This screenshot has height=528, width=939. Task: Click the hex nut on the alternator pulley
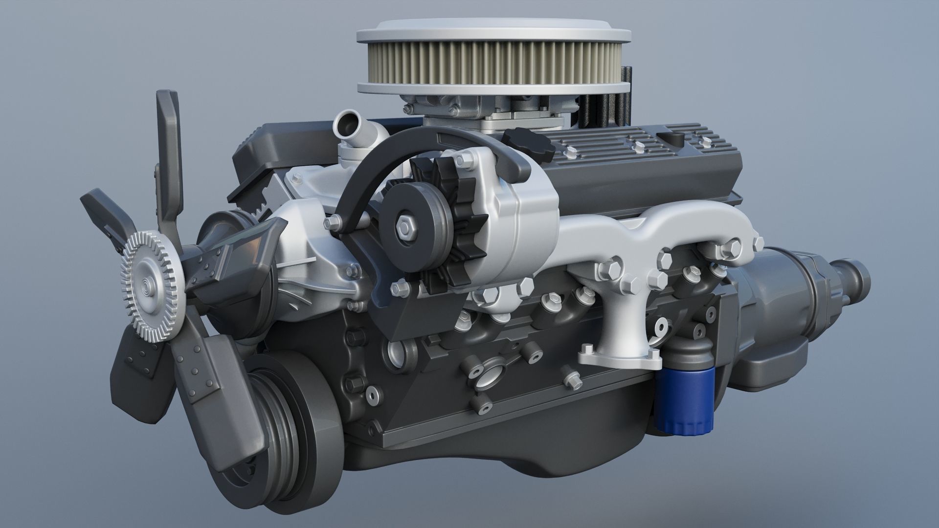[405, 226]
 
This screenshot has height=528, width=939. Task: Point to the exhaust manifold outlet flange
[620, 357]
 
